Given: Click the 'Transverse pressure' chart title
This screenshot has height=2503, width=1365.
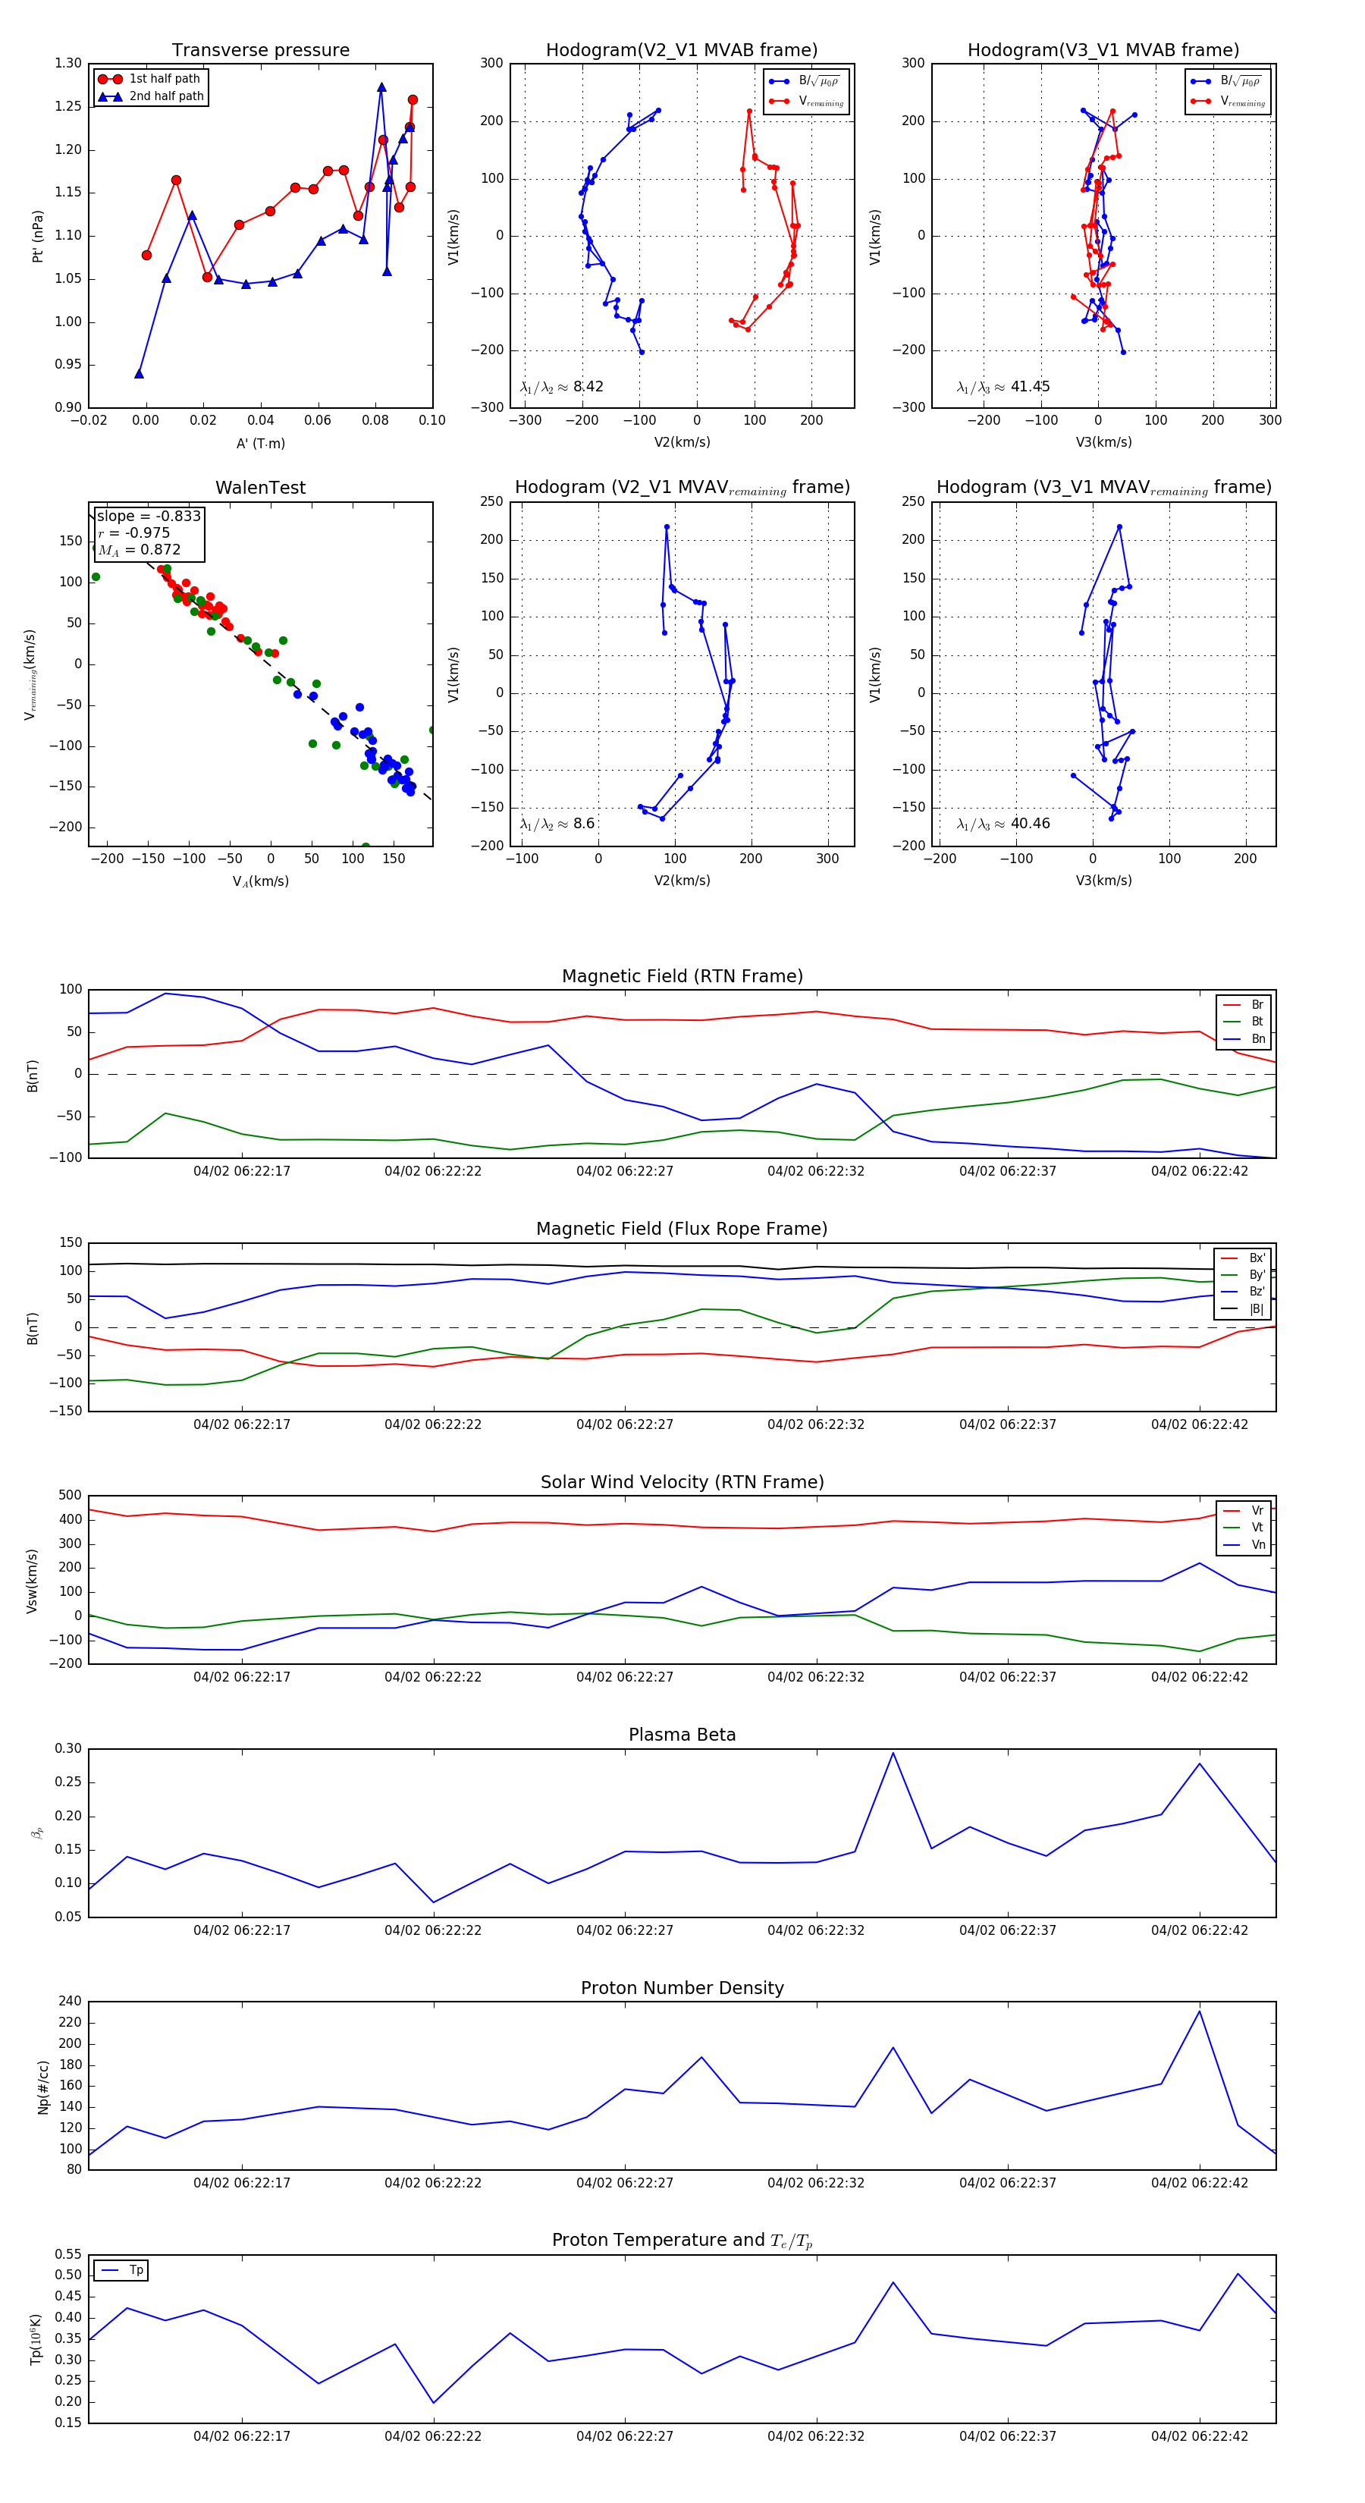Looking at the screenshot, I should coord(260,51).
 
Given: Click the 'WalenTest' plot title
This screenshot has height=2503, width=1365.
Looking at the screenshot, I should coord(260,488).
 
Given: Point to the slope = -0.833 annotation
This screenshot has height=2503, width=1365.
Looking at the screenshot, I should coord(149,516).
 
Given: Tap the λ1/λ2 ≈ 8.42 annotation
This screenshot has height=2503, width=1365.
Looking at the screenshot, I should coord(561,387).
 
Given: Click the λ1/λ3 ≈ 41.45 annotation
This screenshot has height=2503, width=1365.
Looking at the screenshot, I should coord(1003,387).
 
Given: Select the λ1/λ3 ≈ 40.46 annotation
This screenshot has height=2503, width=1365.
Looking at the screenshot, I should coord(1003,824).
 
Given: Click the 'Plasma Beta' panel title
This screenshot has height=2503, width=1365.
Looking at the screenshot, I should coord(682,1735).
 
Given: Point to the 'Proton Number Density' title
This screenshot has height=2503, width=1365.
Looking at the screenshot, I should coord(682,1988).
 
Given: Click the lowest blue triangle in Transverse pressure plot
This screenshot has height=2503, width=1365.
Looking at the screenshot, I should coord(139,373).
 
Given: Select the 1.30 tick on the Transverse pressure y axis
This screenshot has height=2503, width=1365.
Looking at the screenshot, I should coord(68,63).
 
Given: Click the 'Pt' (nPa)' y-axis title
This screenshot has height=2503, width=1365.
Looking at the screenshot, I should coord(38,236).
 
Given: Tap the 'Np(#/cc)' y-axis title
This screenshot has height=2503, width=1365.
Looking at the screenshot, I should coord(42,2087).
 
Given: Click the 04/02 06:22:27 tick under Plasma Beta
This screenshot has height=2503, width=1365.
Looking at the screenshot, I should coord(625,1930).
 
